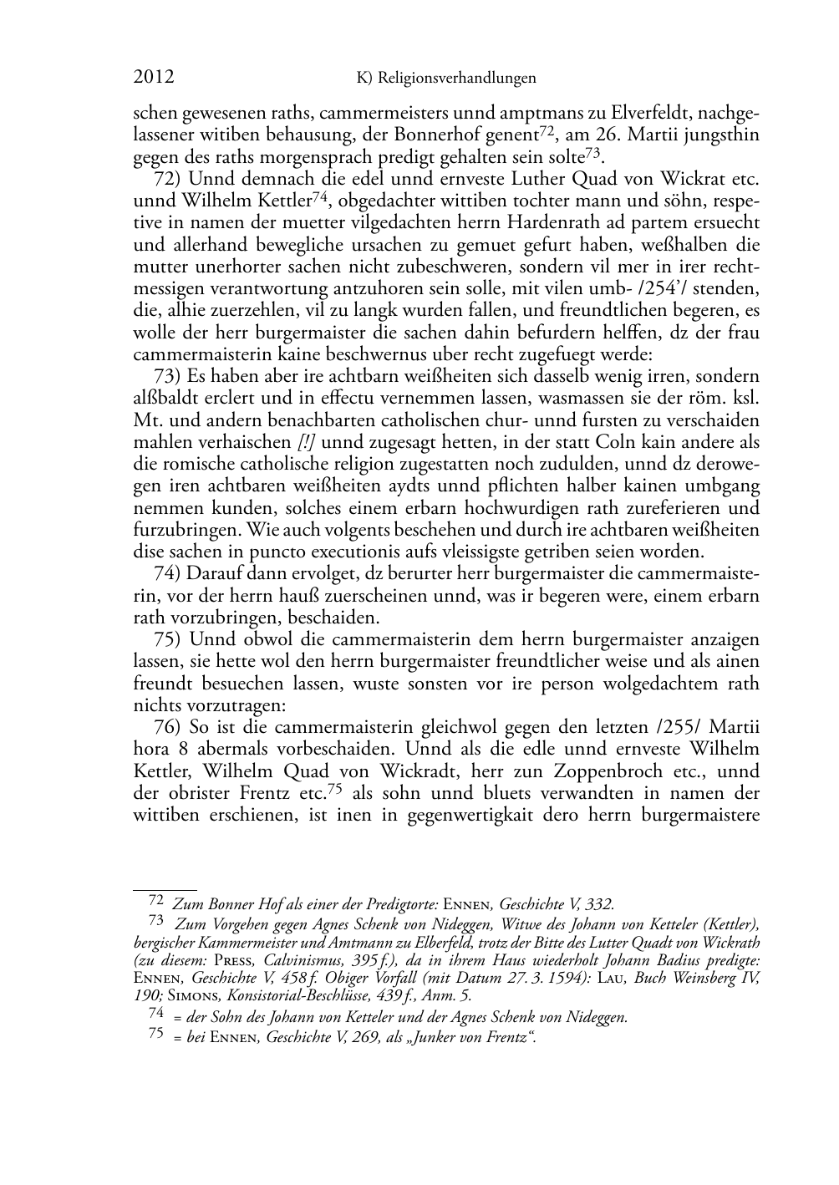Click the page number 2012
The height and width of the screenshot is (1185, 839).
[x=154, y=78]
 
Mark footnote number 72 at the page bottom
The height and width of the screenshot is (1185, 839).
[x=155, y=901]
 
